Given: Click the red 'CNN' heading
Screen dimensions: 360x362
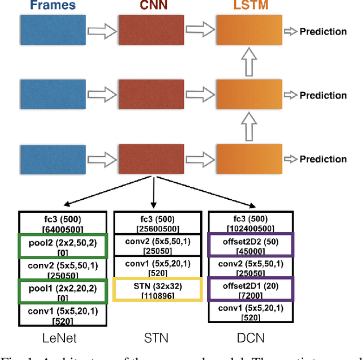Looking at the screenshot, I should [152, 6].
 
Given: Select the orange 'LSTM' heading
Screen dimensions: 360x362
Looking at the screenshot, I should [249, 6].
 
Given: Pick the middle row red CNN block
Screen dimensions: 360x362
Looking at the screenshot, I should [151, 95].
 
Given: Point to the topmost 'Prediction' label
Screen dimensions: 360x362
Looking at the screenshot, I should [322, 31].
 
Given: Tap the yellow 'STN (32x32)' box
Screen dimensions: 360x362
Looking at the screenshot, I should [158, 289].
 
